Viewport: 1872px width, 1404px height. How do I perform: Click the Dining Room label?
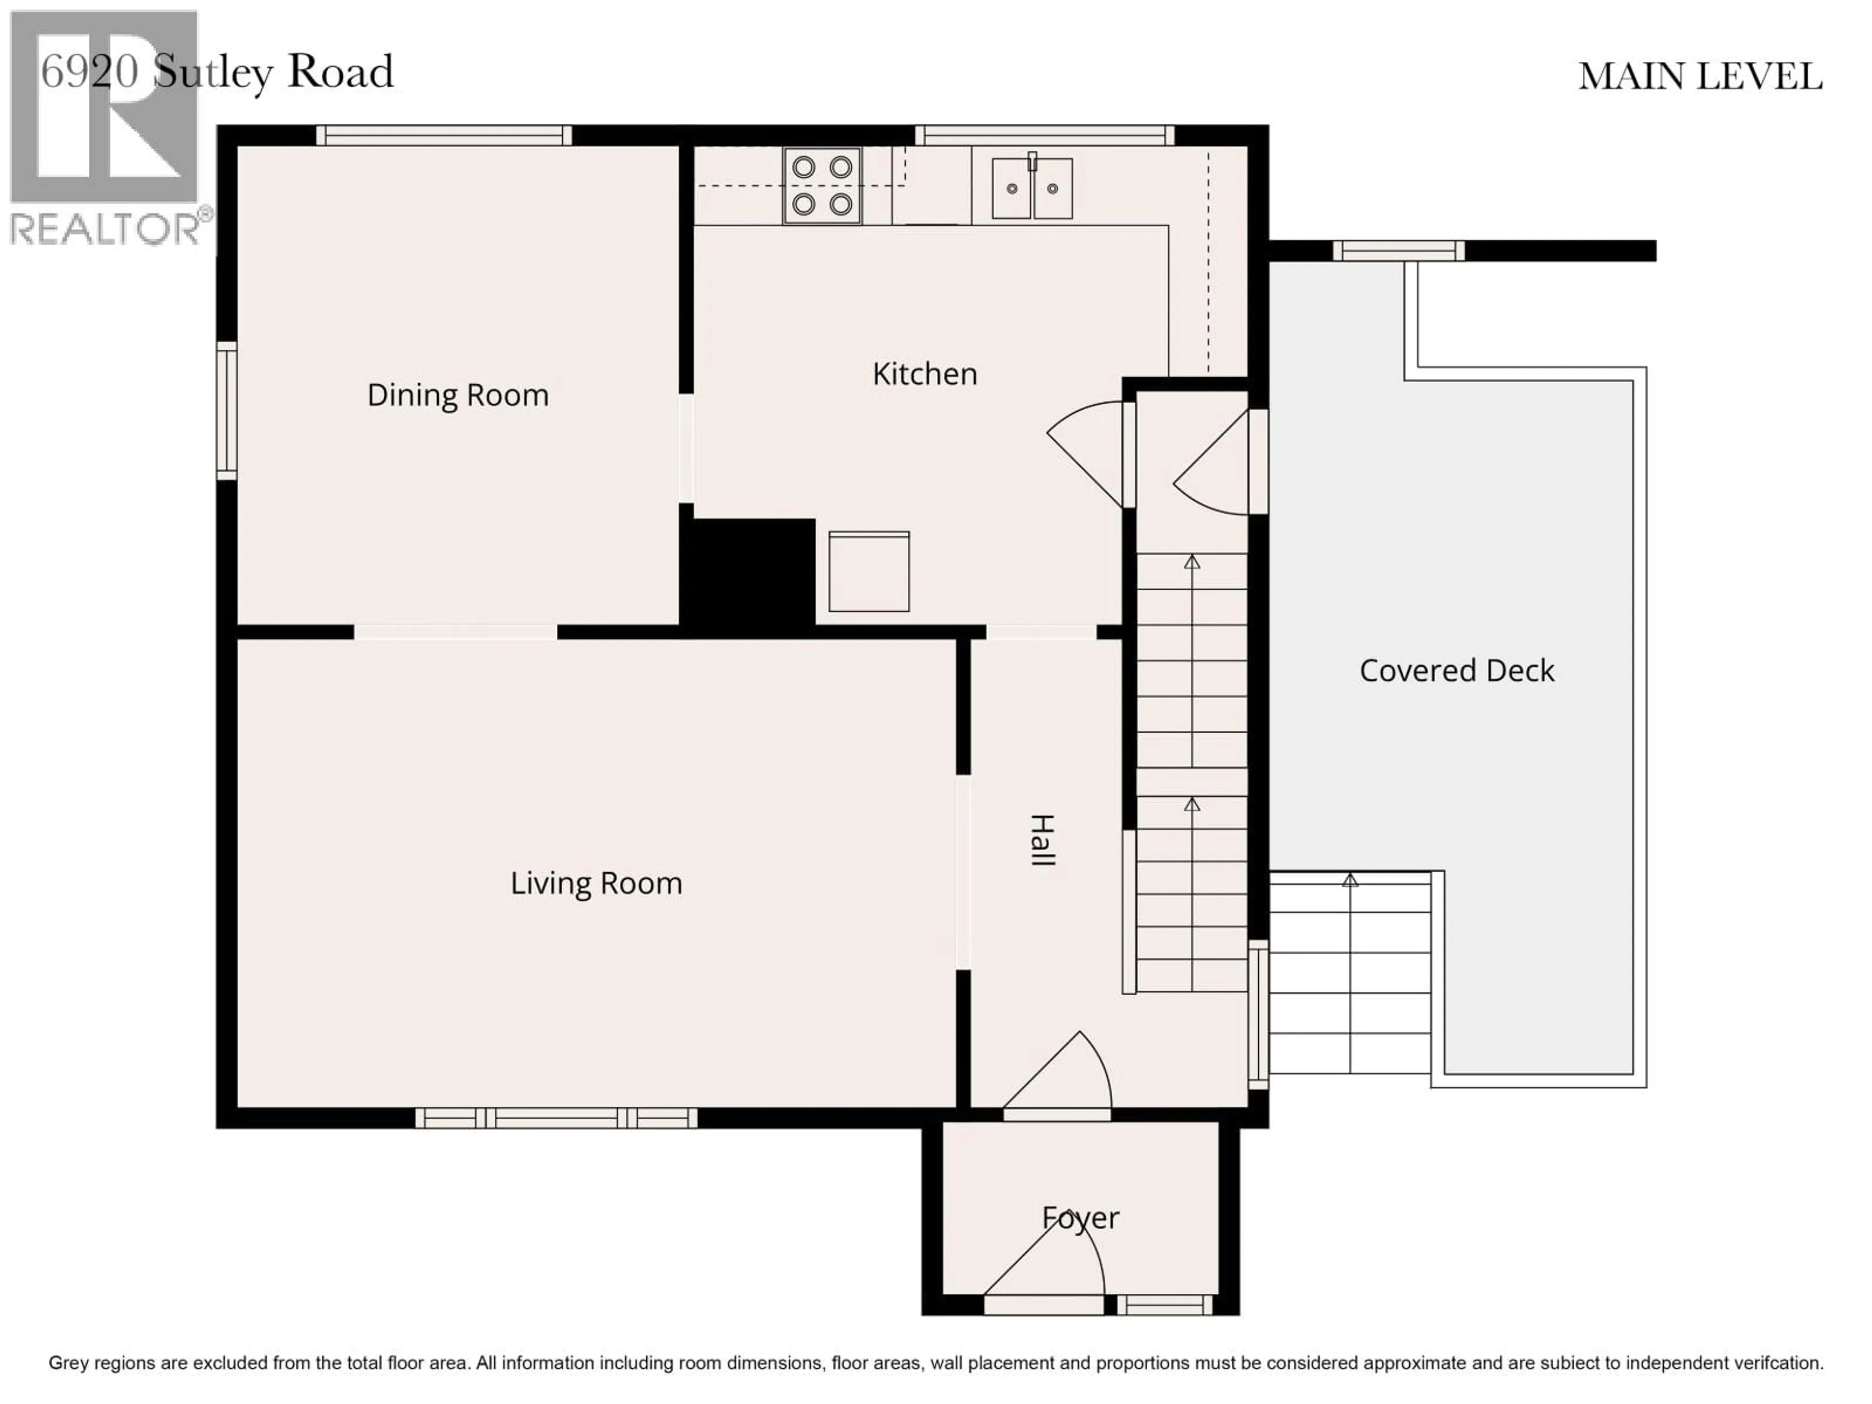[458, 395]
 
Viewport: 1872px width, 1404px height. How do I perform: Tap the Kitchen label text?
[924, 374]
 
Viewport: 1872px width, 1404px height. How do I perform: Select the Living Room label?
[596, 883]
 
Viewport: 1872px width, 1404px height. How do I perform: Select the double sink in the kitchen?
[1032, 188]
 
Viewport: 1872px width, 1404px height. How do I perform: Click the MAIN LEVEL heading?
[1699, 77]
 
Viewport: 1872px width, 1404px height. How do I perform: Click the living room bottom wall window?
[556, 1118]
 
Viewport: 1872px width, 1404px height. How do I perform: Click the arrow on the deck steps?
[1350, 880]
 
